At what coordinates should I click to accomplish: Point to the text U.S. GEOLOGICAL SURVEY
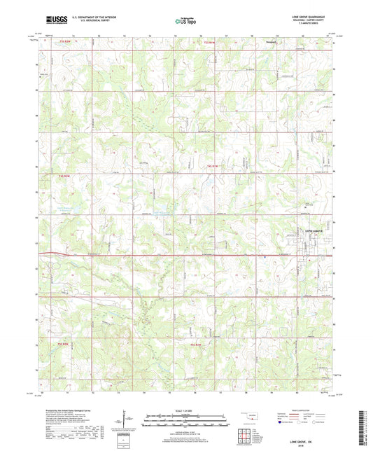tap(94, 20)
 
